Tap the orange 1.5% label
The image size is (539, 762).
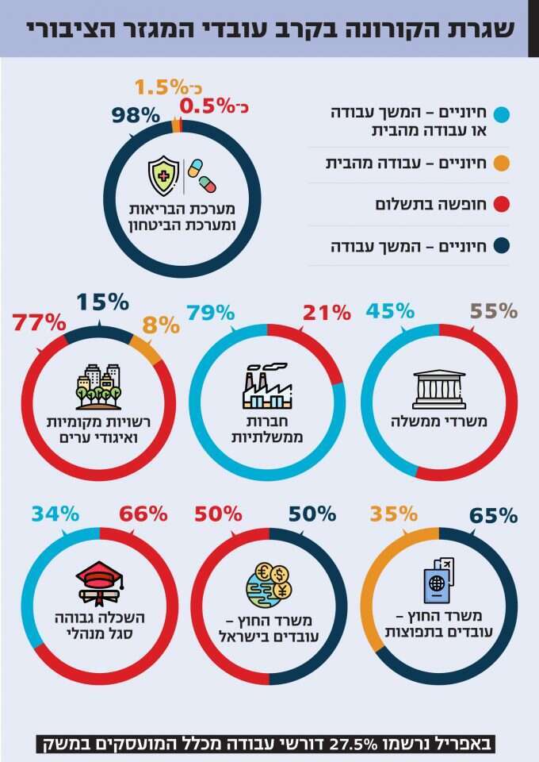pyautogui.click(x=164, y=87)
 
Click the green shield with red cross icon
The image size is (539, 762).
pyautogui.click(x=164, y=175)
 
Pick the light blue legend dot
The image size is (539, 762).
pyautogui.click(x=501, y=114)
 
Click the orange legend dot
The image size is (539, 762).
pyautogui.click(x=501, y=164)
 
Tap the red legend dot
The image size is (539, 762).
pyautogui.click(x=501, y=206)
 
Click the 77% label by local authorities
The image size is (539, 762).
pyautogui.click(x=39, y=322)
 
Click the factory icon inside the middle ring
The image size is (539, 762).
pyautogui.click(x=267, y=385)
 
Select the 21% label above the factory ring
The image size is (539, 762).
pyautogui.click(x=325, y=312)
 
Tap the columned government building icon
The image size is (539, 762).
pyautogui.click(x=438, y=389)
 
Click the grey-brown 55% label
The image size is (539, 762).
pyautogui.click(x=493, y=310)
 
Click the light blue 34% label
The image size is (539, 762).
pyautogui.click(x=55, y=514)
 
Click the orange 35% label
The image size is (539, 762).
pyautogui.click(x=392, y=514)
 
